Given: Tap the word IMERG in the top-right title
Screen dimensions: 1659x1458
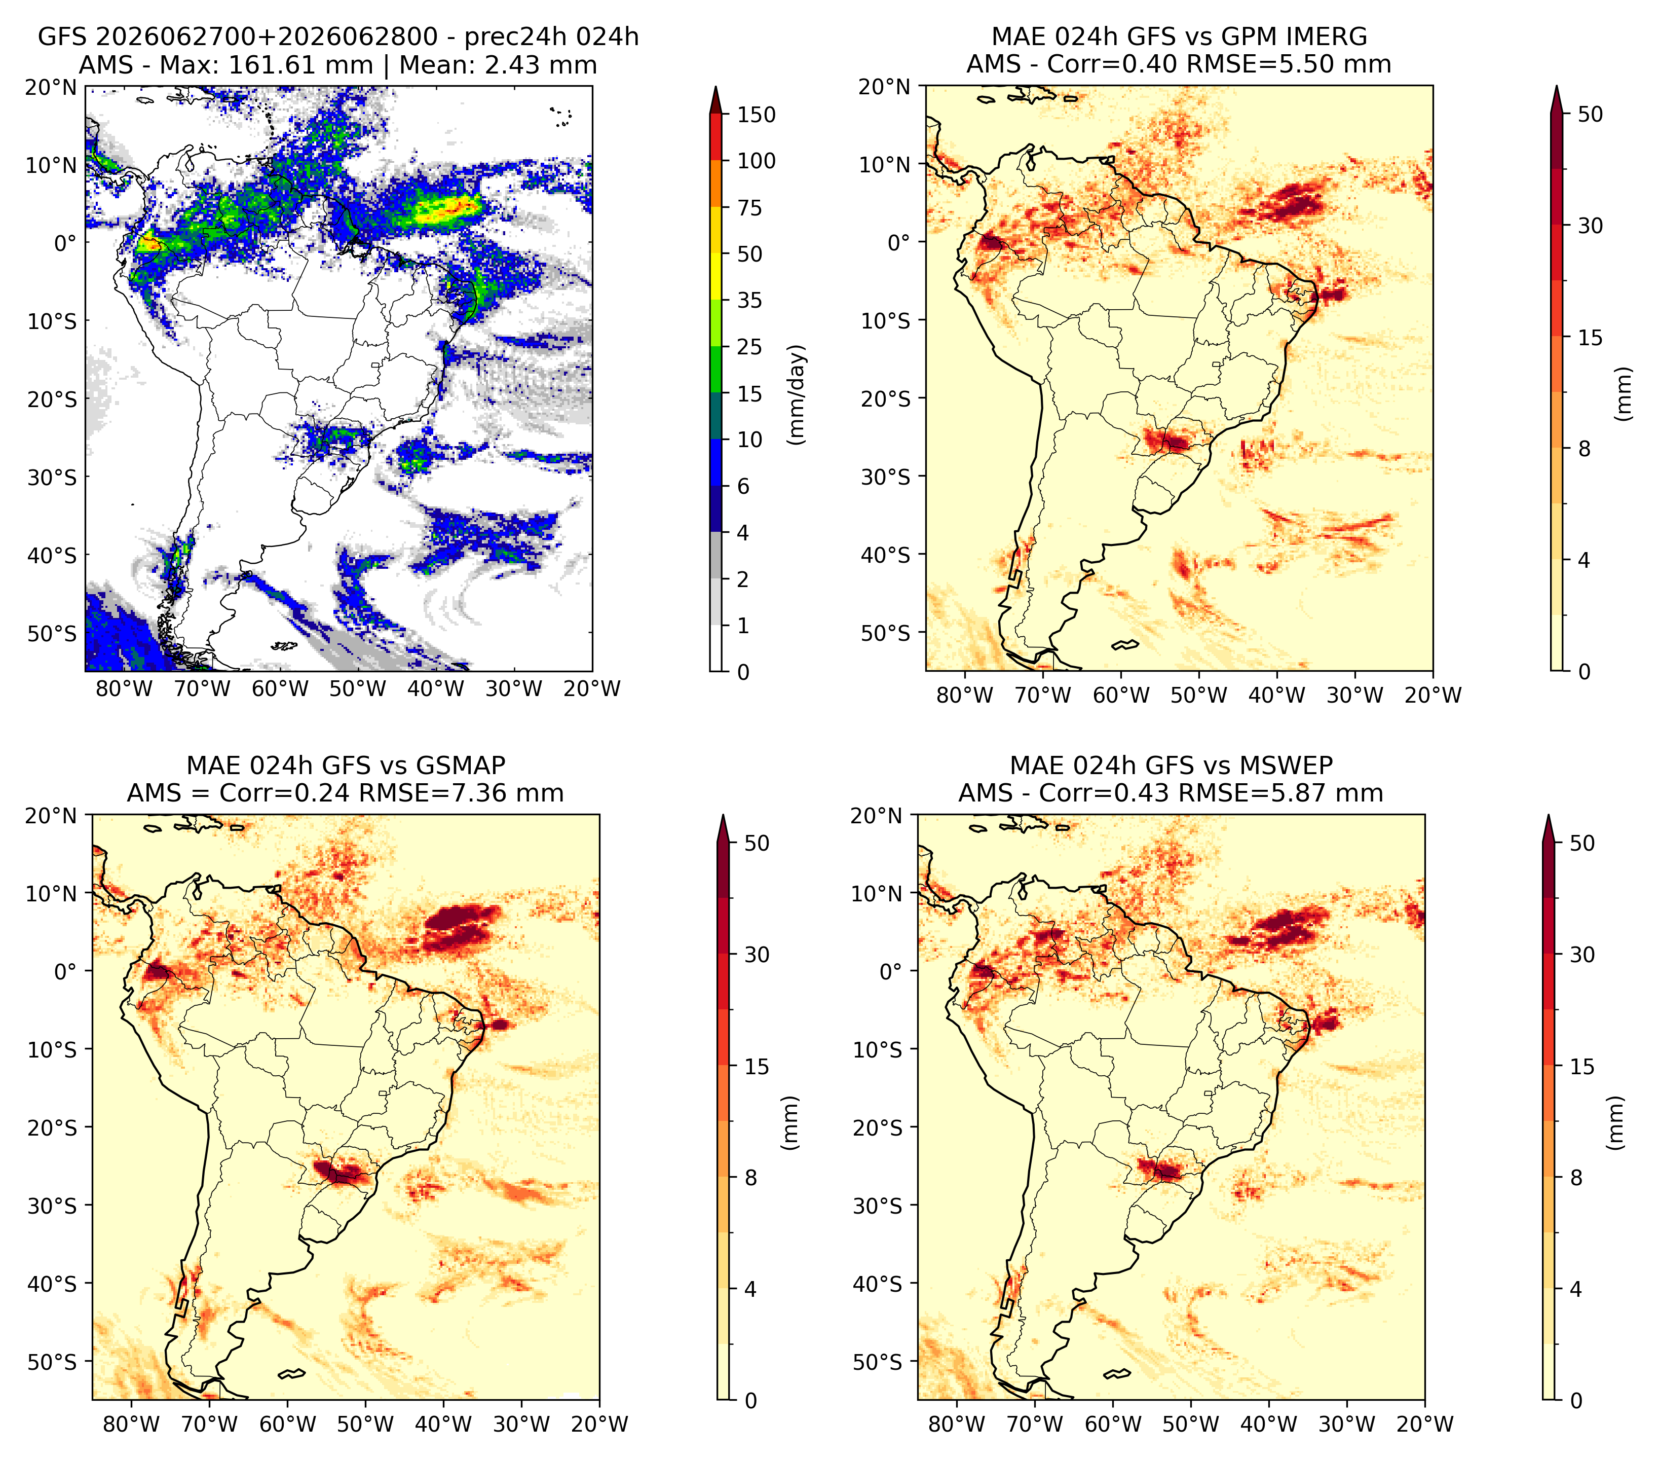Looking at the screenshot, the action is click(x=1327, y=37).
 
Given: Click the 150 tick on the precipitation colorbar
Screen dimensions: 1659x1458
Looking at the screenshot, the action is click(x=757, y=115).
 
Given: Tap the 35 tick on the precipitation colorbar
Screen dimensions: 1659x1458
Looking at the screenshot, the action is click(x=750, y=300).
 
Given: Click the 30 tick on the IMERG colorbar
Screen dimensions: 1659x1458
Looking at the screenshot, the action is click(x=1590, y=226).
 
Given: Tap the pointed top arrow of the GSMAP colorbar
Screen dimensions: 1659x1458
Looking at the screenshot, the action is click(x=723, y=828).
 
